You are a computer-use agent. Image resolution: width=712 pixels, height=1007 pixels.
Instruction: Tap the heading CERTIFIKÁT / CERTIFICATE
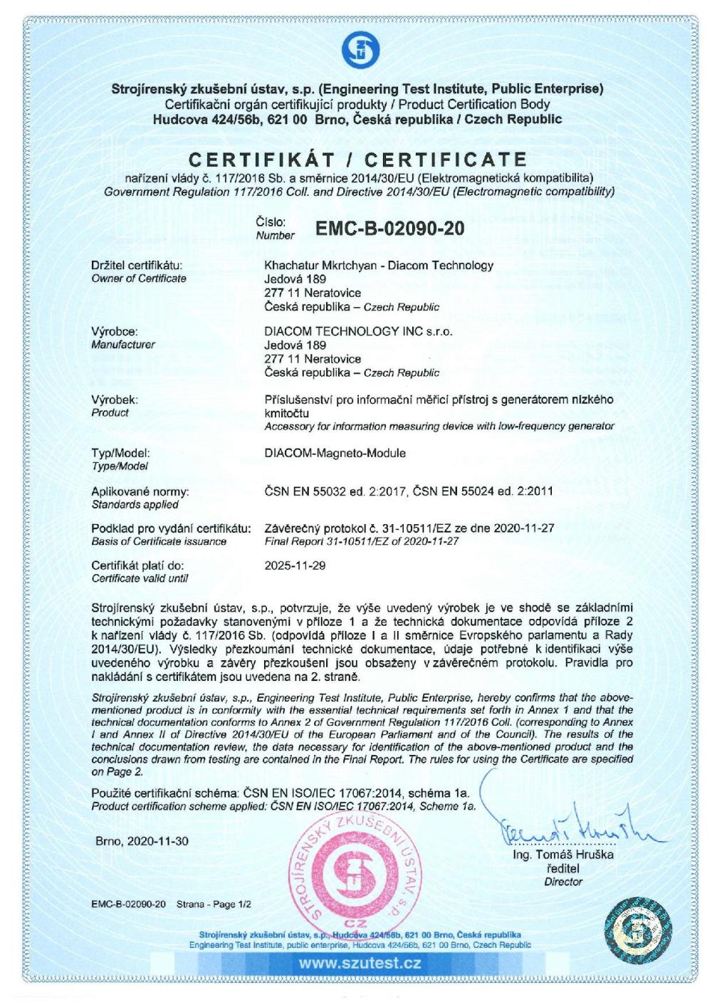(x=357, y=158)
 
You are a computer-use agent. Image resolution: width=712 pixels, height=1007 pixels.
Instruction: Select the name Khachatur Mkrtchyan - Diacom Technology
(x=379, y=266)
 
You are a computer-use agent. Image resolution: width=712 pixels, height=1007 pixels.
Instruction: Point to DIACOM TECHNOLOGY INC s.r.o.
(x=358, y=331)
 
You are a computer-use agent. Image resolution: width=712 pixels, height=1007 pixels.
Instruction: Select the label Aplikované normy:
(x=140, y=491)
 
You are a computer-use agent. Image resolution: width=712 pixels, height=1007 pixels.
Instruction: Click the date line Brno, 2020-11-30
(x=142, y=841)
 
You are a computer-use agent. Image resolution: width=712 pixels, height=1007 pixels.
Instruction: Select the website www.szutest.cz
(x=360, y=964)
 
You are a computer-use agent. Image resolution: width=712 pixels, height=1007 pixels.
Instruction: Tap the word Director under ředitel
(x=562, y=882)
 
